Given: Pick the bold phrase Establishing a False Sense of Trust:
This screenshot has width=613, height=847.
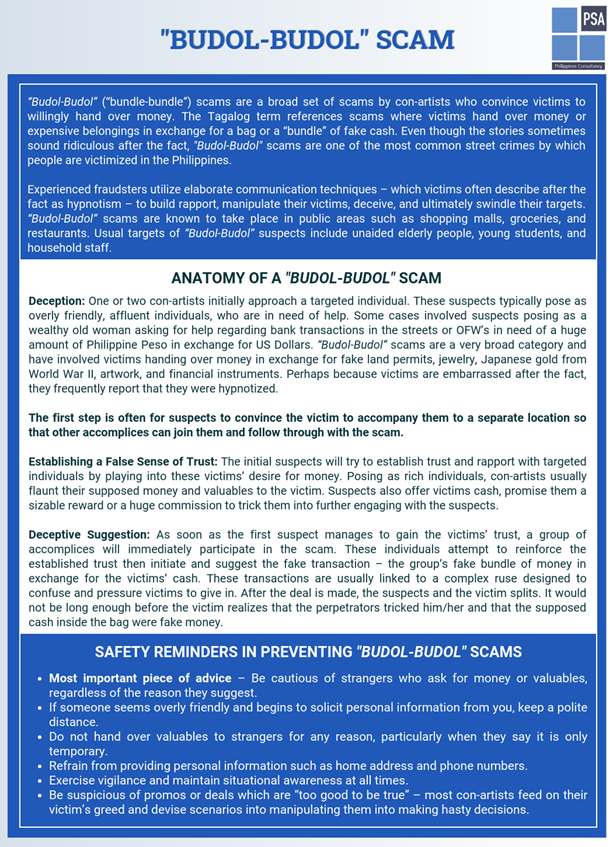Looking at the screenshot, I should pos(122,462).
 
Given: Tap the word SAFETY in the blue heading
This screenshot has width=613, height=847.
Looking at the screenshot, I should pos(129,652).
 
